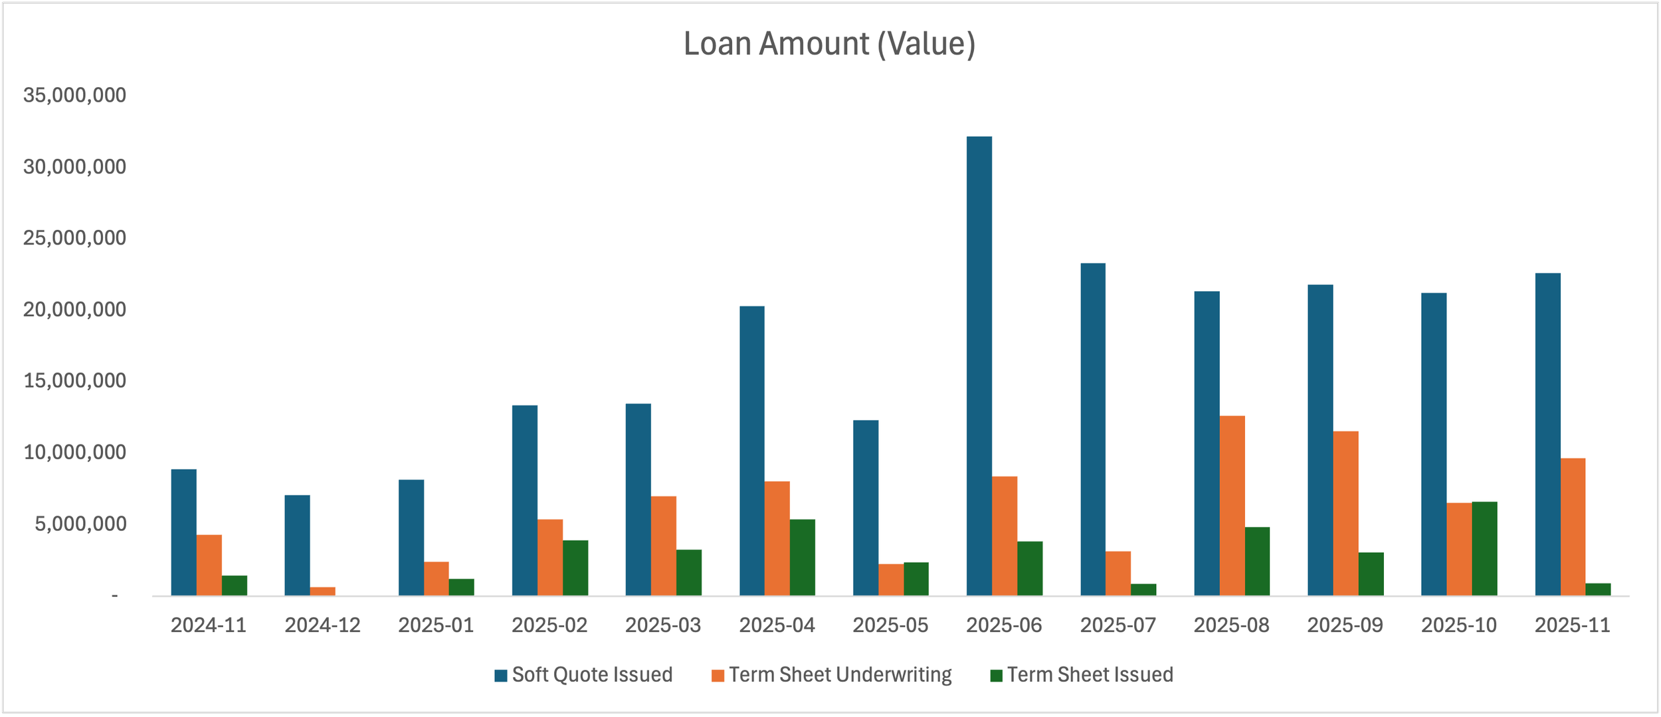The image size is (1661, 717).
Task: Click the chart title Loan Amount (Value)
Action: (829, 45)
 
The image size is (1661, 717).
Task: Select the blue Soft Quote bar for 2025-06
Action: (979, 366)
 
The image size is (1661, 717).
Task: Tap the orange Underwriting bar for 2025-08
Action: (1232, 506)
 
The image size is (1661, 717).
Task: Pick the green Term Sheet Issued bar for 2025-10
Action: (1484, 549)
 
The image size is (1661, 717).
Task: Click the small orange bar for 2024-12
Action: (322, 591)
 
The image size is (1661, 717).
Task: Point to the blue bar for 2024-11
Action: (183, 532)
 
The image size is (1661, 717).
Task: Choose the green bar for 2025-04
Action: (802, 558)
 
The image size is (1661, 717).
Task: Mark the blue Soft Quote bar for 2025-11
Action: (1548, 435)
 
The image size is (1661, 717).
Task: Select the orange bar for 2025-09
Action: (1345, 514)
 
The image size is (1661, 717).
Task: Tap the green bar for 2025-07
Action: (1143, 590)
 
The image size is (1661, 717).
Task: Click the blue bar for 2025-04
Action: (751, 451)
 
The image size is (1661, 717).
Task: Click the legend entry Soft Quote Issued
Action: (583, 675)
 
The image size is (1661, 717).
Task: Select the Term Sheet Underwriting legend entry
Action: (831, 675)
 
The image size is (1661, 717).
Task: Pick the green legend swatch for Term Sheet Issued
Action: (996, 676)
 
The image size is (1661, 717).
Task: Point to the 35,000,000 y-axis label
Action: (74, 95)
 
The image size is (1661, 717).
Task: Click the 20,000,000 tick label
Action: (74, 310)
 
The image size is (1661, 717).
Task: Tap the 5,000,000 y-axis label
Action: (80, 524)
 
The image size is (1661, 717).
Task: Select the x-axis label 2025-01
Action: (436, 625)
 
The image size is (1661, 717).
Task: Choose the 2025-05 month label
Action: (890, 625)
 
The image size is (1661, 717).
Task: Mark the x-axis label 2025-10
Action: (1459, 625)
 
